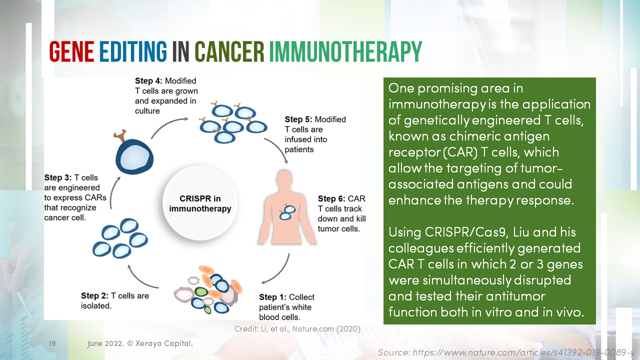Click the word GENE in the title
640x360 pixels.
71,51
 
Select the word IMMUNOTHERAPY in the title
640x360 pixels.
345,51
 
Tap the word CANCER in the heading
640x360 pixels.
229,51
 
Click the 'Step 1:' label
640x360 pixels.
273,297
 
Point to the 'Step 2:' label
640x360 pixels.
95,295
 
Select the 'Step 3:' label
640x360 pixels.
58,177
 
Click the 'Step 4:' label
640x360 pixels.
149,80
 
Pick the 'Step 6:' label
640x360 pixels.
331,199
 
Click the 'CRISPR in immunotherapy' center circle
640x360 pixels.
200,204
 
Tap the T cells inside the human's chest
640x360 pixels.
286,212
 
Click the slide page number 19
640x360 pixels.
52,344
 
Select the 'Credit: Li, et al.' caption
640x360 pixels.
297,328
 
